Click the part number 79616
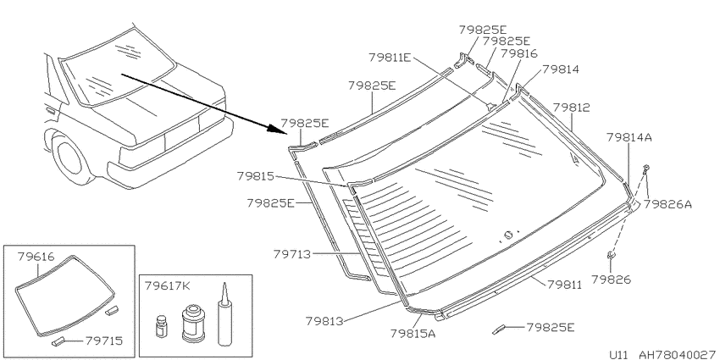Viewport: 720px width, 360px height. tap(36, 257)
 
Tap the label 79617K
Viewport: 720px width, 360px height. tap(168, 286)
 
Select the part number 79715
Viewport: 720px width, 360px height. tap(104, 341)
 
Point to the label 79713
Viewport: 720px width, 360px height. tap(292, 254)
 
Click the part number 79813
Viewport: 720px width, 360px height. tap(324, 320)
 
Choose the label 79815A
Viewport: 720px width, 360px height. tap(413, 334)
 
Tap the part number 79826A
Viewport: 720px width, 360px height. tap(667, 204)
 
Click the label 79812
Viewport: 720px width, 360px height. tap(571, 108)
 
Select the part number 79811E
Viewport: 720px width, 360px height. tap(390, 58)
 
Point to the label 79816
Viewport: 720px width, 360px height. tap(519, 53)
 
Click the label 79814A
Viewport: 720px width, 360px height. tap(629, 137)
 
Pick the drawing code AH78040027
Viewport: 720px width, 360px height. tap(678, 355)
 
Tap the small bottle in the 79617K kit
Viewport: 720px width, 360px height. tap(161, 325)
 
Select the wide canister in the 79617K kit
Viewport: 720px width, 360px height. tap(192, 324)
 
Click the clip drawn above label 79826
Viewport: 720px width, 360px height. tap(612, 256)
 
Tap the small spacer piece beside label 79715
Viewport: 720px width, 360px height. tap(58, 341)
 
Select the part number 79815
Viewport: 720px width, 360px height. tap(255, 176)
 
